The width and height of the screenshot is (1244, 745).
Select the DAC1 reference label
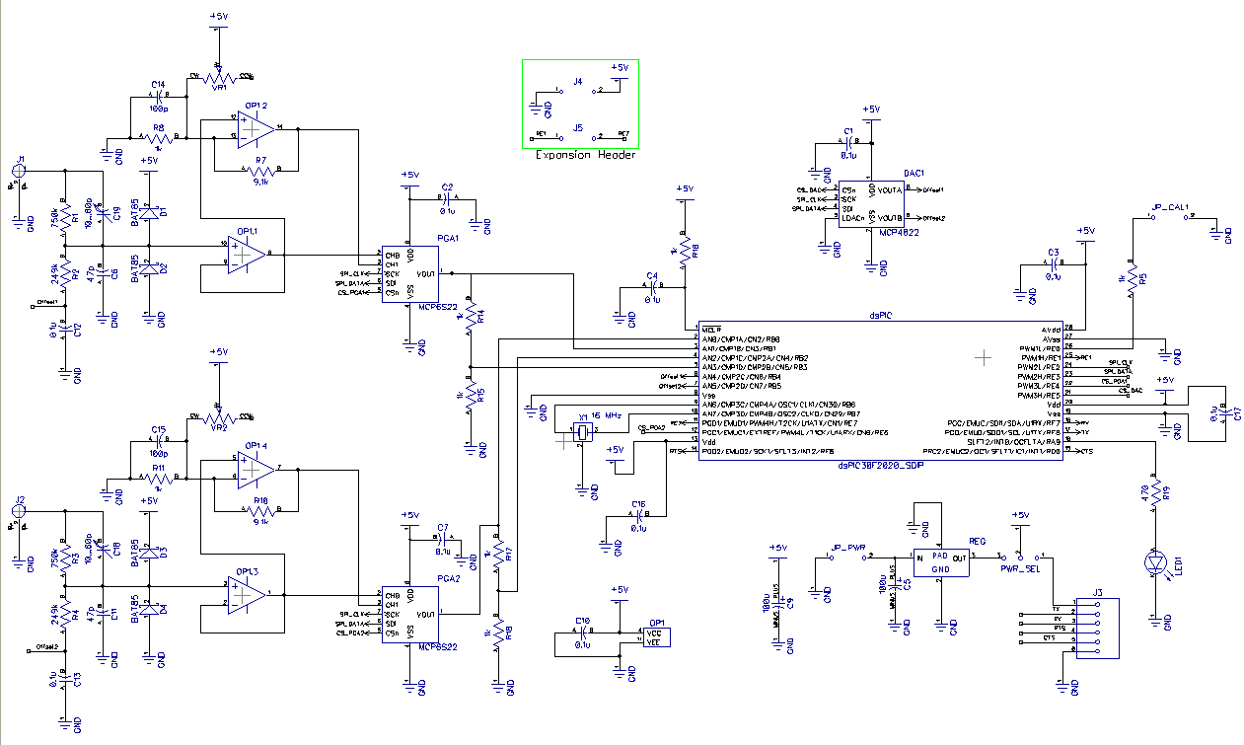(x=914, y=173)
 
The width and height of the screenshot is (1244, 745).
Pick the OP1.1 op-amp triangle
(x=244, y=256)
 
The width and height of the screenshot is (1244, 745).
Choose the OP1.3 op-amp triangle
(x=245, y=594)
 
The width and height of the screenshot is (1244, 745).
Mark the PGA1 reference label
(x=447, y=238)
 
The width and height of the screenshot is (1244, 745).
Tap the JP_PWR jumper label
(x=847, y=547)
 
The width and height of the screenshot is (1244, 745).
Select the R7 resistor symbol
(x=260, y=171)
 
